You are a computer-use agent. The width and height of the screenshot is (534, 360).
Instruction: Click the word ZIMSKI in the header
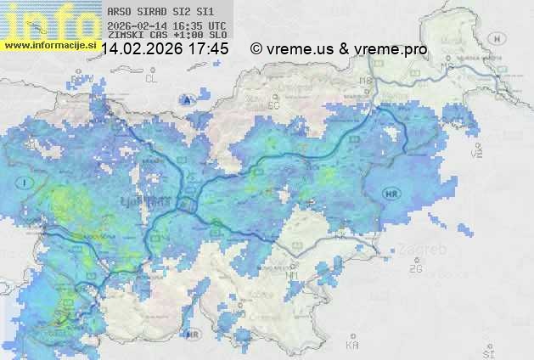point(125,36)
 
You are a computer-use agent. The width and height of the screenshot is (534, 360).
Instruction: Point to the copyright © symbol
point(256,49)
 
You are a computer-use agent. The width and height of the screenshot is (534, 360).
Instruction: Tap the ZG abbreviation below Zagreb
point(415,269)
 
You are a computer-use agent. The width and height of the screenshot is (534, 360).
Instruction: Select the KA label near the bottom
point(352,346)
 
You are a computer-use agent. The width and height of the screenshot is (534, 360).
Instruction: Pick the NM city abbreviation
point(293,276)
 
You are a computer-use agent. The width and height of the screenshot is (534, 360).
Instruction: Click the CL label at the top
point(152,78)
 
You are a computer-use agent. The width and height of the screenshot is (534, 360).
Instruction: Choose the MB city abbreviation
point(366,82)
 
